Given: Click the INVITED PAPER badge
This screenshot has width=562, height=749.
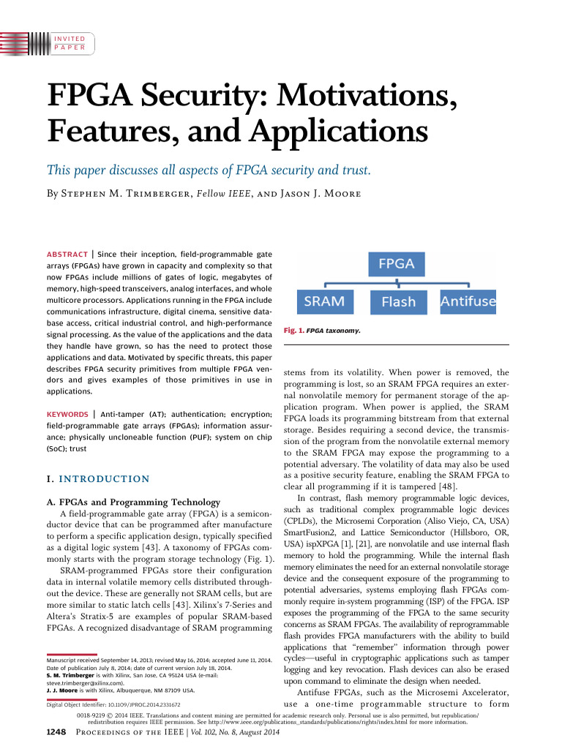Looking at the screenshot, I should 70,42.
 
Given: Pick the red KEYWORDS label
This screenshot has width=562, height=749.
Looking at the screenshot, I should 67,414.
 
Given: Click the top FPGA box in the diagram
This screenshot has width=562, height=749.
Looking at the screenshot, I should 396,263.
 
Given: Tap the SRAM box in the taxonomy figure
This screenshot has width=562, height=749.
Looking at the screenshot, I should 323,301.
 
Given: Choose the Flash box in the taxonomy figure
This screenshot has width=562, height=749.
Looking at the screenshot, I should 398,301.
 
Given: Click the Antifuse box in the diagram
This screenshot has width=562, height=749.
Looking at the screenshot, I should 468,301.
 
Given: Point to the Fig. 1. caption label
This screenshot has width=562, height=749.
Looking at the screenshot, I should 293,331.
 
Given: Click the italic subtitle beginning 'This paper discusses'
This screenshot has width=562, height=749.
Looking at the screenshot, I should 209,171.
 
